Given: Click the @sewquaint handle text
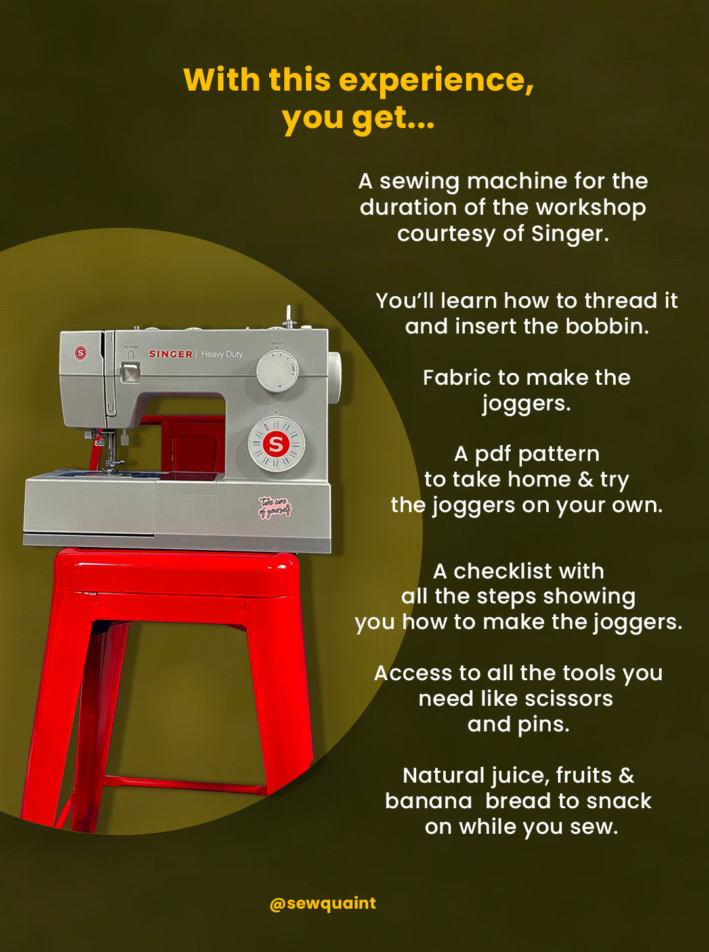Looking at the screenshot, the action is pos(323,902).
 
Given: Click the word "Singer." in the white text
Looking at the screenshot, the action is pos(570,234).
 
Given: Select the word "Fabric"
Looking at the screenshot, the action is pos(457,378).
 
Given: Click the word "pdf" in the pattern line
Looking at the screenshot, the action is pos(494,454).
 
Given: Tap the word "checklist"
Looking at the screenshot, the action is pos(503,571).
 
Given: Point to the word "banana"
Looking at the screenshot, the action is pos(429,802).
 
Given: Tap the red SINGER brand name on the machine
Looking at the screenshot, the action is pos(171,354).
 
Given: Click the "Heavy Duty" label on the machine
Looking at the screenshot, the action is pos(222,355).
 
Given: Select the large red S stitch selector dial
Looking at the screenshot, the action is pos(276,444).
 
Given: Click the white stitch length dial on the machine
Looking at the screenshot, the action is pos(277,371).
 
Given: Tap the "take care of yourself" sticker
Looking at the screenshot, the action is pos(275,508).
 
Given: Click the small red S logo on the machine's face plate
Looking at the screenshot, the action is pos(80,353).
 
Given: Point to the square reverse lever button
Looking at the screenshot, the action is pos(130,372).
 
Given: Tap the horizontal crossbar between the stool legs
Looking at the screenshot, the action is pos(185,785).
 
